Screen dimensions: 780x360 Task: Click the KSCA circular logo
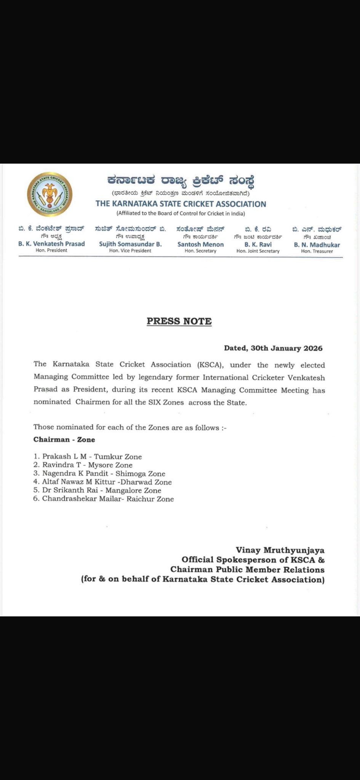(x=50, y=195)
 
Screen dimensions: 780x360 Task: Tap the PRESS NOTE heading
(x=179, y=321)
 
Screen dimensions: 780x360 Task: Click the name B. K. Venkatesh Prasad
(x=51, y=244)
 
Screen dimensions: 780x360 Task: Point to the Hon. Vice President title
(x=130, y=251)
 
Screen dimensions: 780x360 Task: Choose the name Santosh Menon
(x=200, y=244)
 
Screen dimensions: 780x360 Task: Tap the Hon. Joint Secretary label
(x=258, y=251)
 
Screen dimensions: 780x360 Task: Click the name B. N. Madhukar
(x=317, y=245)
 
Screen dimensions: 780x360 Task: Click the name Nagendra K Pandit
(x=75, y=473)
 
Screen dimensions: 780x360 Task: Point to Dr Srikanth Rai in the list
(x=70, y=490)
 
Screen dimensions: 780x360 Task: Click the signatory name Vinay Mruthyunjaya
(x=280, y=550)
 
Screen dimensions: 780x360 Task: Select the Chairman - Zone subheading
(x=64, y=440)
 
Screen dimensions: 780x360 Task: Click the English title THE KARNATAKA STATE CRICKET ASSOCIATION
(x=181, y=204)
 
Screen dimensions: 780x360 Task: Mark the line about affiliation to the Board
(x=181, y=213)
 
